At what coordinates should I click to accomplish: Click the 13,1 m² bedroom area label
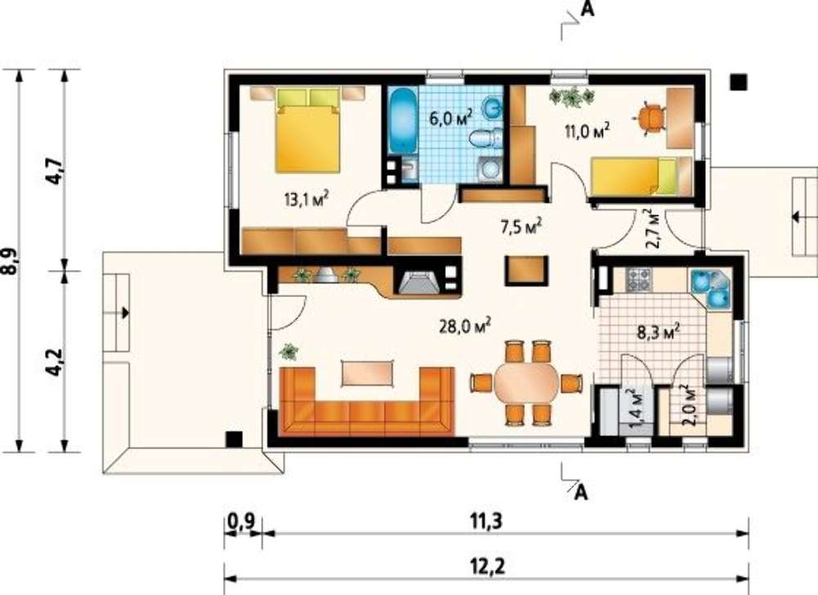[x=306, y=198]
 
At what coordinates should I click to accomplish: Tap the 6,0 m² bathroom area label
[x=451, y=117]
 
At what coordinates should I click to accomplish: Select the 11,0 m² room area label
[x=587, y=130]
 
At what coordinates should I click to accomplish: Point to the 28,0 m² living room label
[x=465, y=327]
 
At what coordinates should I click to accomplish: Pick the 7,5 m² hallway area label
[x=520, y=228]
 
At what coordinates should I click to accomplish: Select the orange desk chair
[x=650, y=119]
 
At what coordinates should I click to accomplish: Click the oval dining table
[x=526, y=383]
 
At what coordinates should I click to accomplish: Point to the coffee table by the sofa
[x=366, y=372]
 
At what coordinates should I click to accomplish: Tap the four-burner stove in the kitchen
[x=639, y=279]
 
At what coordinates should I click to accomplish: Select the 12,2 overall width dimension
[x=488, y=566]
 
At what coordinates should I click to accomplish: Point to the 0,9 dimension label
[x=241, y=521]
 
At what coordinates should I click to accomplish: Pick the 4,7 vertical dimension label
[x=56, y=170]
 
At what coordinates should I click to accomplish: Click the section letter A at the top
[x=587, y=9]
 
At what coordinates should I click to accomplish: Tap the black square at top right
[x=738, y=82]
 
